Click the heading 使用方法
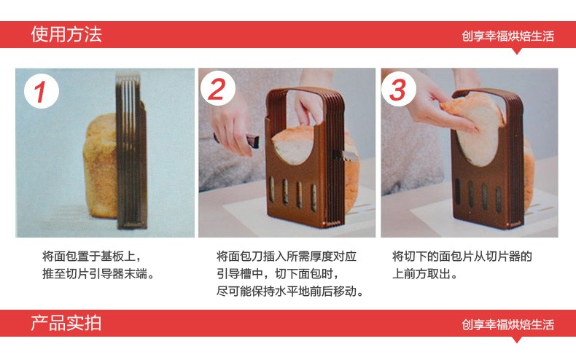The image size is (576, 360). coord(66,34)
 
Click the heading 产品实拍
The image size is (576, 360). coord(66,323)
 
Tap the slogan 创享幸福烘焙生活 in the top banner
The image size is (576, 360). coord(507,36)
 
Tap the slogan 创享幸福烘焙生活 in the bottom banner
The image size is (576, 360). coord(507,324)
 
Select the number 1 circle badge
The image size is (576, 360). coord(42,91)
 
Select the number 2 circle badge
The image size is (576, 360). coord(217,89)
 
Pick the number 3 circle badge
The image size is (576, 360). coord(399,89)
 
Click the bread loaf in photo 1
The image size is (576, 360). coord(101,165)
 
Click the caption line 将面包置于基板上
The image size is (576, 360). coord(92,256)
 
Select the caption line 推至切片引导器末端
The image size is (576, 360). coord(98,274)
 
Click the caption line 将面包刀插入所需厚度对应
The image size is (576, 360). coord(287,256)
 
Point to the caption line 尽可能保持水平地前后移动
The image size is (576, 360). coord(290,291)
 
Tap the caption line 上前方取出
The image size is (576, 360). coord(424,274)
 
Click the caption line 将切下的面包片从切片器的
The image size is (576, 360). coord(462,256)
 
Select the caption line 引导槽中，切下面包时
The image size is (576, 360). coord(277,274)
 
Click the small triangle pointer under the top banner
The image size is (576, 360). coord(517,51)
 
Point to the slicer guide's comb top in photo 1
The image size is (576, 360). coord(128,78)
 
